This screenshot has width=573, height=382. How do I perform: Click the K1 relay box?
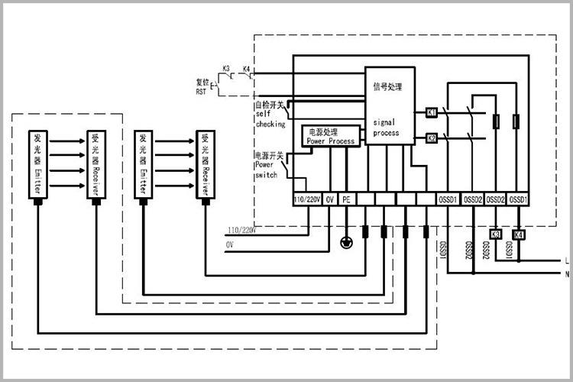pos(431,112)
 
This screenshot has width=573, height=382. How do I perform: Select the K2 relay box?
pos(431,139)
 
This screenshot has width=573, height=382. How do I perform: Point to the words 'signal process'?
pos(386,127)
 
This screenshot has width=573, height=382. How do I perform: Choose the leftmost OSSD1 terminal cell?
pos(448,199)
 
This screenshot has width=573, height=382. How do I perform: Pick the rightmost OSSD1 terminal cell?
pos(520,199)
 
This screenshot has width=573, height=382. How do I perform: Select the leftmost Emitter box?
pos(38,164)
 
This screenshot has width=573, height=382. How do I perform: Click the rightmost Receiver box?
pos(204,164)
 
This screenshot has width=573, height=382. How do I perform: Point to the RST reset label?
pos(202,86)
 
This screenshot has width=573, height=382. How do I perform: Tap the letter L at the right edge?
pos(565,260)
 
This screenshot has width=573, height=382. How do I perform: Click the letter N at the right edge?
pos(565,274)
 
